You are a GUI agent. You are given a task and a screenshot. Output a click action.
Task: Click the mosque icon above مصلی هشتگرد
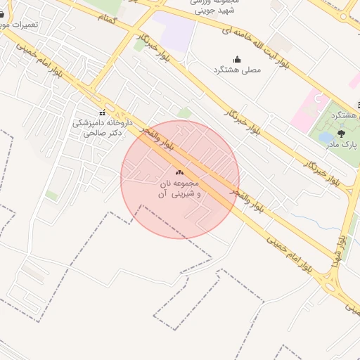237,59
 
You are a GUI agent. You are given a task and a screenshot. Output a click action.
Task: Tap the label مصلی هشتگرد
236,70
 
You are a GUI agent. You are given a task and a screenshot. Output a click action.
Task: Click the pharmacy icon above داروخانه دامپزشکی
103,112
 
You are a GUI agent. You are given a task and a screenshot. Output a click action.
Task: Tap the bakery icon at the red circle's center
179,172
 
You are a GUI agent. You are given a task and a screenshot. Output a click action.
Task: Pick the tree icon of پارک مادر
342,132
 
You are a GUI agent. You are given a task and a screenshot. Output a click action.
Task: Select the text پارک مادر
342,144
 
